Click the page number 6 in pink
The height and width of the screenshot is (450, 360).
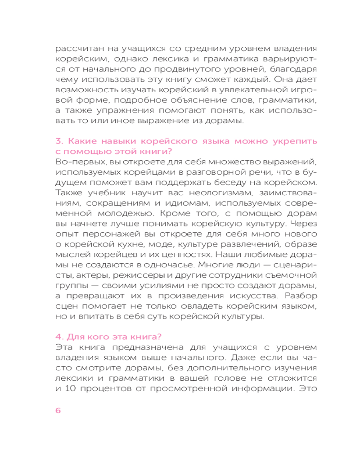(x=58, y=410)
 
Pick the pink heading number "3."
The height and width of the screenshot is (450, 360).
(x=59, y=142)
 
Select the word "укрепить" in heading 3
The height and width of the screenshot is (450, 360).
(x=295, y=142)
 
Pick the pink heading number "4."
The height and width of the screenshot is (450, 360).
(x=59, y=337)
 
